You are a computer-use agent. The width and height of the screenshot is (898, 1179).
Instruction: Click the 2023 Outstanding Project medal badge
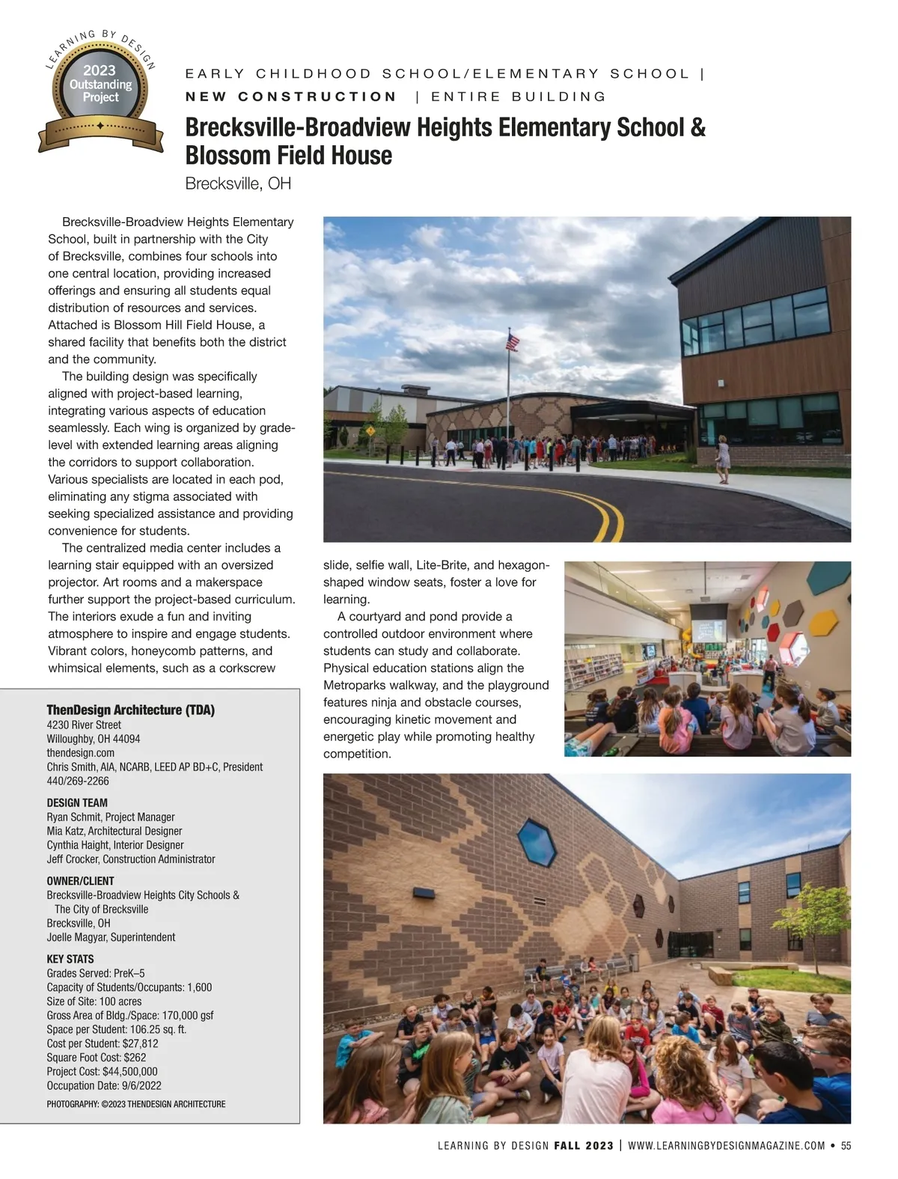coord(100,91)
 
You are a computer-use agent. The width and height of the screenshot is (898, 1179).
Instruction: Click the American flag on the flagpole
coord(513,342)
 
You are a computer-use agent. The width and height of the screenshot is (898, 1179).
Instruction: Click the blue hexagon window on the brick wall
coord(537,839)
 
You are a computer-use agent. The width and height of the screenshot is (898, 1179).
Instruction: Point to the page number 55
coord(846,1145)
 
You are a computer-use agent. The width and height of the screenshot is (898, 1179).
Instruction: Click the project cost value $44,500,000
coord(129,1071)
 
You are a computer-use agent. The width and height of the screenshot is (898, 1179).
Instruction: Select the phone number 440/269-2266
coord(78,781)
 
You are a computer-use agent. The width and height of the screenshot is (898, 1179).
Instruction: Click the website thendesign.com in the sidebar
coord(81,752)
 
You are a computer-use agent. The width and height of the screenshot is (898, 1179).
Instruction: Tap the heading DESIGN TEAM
coord(77,802)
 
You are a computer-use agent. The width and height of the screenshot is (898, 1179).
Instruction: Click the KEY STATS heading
coord(70,959)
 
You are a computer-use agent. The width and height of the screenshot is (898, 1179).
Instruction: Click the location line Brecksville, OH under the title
coord(238,183)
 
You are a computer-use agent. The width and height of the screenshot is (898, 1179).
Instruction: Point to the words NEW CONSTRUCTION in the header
coord(291,97)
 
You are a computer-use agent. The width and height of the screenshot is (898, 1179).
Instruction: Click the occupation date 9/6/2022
coord(135,1085)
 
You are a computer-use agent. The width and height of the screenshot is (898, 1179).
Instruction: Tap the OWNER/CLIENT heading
coord(81,881)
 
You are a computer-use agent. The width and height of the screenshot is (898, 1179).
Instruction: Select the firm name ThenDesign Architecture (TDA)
coord(131,710)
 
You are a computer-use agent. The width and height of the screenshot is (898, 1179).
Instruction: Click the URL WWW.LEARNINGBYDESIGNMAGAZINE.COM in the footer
coord(726,1145)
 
